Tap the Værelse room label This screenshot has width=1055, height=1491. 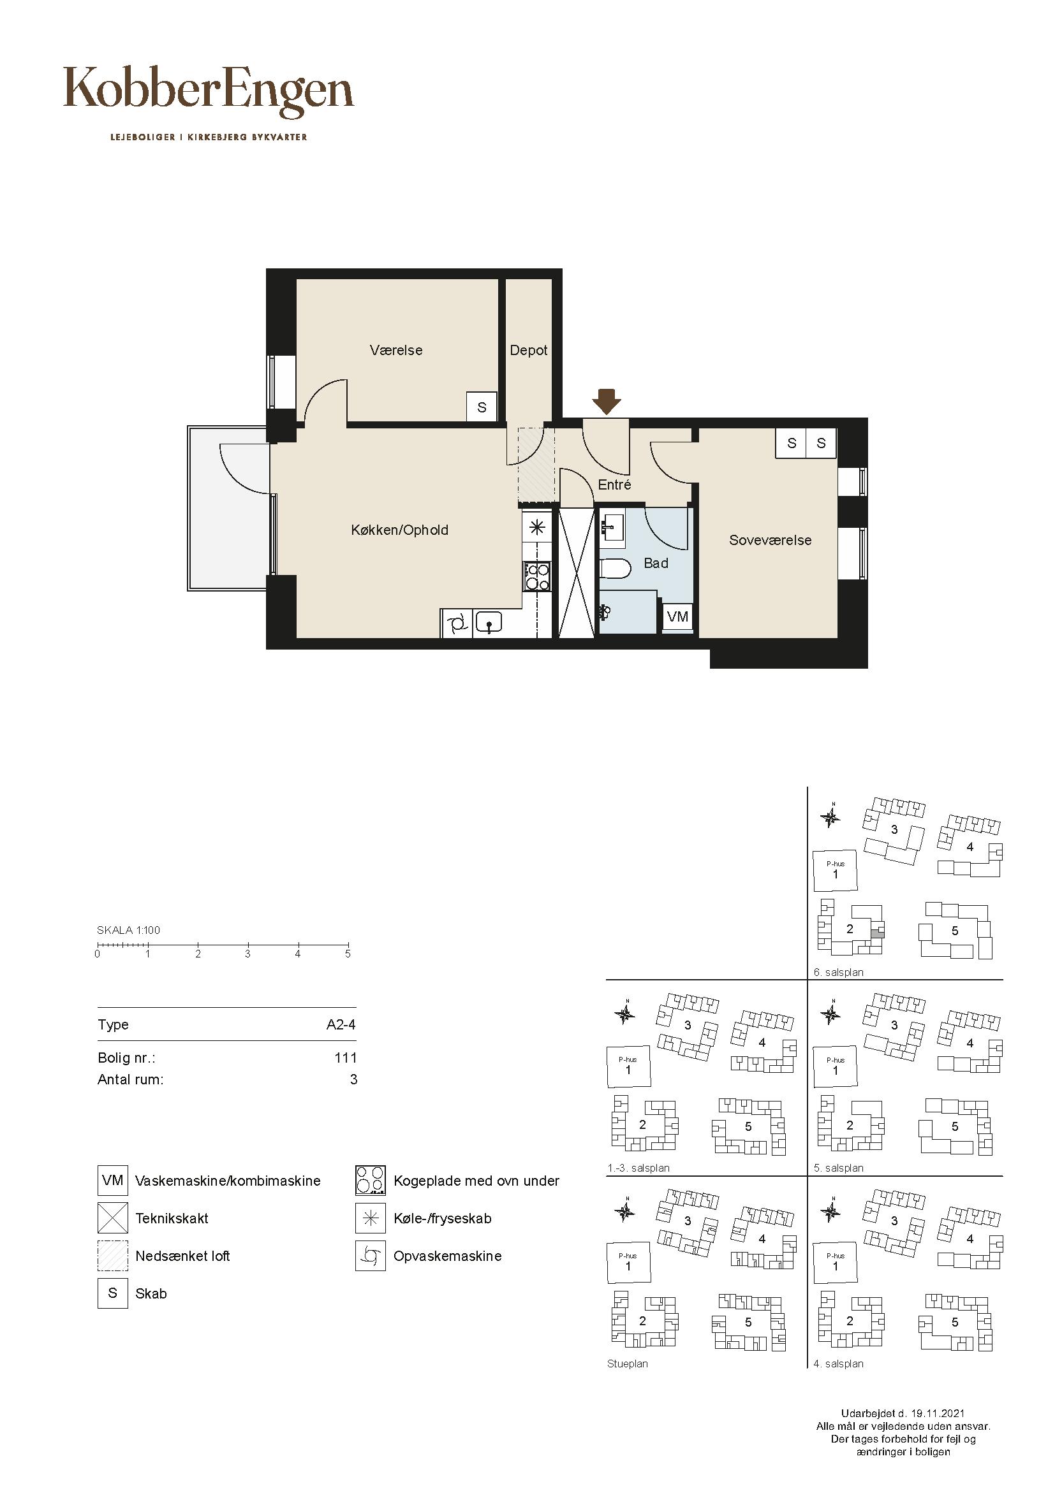pos(396,351)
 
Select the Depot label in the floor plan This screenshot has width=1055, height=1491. pos(529,351)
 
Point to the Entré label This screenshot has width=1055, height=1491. pos(614,484)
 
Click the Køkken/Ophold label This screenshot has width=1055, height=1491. pos(399,530)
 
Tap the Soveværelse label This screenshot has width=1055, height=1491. pos(771,541)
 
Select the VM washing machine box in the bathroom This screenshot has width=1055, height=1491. pos(677,616)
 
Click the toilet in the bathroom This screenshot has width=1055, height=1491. pos(614,569)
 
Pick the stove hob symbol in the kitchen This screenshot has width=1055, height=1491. pos(537,576)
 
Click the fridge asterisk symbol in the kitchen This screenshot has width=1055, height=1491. pos(537,527)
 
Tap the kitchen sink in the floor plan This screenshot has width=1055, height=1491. pos(489,624)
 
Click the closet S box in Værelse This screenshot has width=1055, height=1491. pos(482,407)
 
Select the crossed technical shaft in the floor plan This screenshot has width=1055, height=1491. pos(577,573)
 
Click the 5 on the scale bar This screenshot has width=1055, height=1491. pos(348,954)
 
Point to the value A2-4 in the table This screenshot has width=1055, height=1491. pos(341,1025)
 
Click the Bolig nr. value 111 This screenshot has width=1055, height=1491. pos(346,1058)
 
